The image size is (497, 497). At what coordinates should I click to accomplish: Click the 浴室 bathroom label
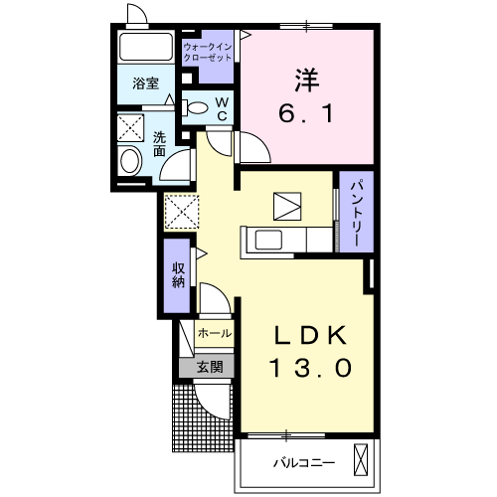point(146,83)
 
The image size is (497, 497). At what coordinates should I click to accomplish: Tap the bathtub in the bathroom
point(146,47)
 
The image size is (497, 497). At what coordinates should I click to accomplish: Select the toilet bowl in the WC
point(197,107)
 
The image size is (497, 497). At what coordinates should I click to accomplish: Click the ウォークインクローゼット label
point(208,52)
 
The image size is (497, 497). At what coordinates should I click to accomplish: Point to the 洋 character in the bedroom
point(307,80)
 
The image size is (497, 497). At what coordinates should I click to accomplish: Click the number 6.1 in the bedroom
point(305,113)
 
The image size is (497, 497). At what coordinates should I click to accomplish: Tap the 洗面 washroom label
point(159,144)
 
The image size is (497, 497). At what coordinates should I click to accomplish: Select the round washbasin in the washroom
point(129,161)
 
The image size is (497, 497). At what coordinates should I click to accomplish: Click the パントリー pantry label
point(358,214)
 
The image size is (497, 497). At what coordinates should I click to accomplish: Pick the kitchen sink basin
point(268,240)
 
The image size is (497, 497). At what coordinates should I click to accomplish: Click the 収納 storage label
point(178,275)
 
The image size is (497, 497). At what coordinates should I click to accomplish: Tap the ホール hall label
point(215,333)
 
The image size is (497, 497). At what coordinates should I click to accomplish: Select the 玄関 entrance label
point(210,367)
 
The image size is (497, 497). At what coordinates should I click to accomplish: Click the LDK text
point(310,335)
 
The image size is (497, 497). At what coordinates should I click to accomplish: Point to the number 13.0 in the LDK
point(311,368)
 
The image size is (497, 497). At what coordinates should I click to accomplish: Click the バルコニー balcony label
point(304,462)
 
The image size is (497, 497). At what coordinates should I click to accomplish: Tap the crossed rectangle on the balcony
point(361,460)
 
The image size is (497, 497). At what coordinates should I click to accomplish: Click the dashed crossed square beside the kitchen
point(182,212)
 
